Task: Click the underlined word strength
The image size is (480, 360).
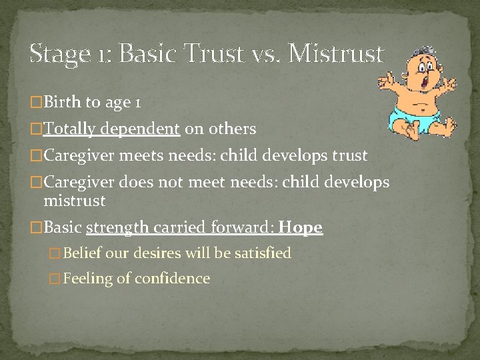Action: click(118, 228)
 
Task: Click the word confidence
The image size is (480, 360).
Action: click(172, 279)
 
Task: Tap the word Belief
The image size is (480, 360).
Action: click(81, 253)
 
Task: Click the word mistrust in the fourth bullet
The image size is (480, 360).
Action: click(75, 200)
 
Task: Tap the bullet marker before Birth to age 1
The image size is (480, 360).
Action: click(37, 103)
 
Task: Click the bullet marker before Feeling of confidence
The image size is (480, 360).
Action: click(56, 279)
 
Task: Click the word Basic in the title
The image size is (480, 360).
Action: click(147, 53)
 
